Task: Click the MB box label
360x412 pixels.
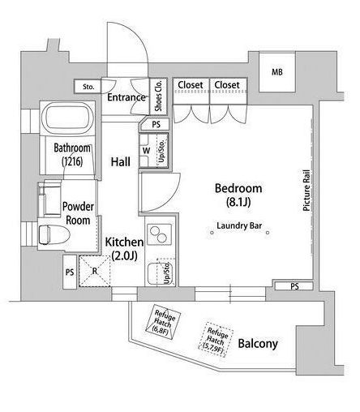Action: point(277,72)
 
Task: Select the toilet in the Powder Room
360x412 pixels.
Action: point(54,234)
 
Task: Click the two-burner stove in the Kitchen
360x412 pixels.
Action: point(159,234)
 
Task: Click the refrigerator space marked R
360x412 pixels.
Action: point(95,271)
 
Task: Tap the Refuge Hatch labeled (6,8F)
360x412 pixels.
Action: point(163,322)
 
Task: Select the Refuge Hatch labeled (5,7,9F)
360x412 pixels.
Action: point(216,340)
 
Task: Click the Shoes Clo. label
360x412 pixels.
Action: point(158,96)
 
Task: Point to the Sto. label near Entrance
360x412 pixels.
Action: point(88,87)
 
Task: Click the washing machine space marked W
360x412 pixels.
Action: point(146,151)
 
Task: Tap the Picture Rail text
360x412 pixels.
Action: point(306,191)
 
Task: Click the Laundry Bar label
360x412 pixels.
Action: point(239,225)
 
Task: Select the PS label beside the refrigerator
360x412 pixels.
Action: point(70,272)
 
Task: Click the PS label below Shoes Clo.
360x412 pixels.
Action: point(156,124)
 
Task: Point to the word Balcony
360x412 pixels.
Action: point(258,344)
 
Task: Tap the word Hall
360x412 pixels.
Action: point(121,162)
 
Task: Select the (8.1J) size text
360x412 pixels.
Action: point(238,202)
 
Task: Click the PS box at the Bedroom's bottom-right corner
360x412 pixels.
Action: point(294,286)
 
